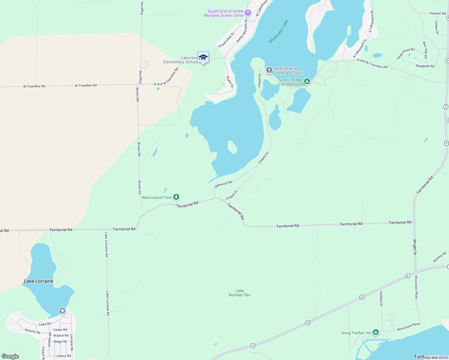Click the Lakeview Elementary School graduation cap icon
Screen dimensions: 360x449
point(203,57)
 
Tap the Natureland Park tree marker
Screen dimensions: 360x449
point(176,197)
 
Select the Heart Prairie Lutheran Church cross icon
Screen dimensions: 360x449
point(269,70)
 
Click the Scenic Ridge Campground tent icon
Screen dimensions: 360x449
point(307,82)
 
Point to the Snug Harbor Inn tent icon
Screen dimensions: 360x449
point(375,332)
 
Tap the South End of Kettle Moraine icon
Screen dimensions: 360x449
point(248,13)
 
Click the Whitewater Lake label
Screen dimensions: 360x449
point(278,31)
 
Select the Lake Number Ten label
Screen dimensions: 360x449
point(240,293)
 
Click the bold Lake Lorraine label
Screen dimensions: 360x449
point(39,281)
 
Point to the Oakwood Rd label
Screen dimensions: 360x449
point(223,184)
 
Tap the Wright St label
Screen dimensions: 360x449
point(415,247)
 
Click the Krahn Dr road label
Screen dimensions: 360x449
point(230,82)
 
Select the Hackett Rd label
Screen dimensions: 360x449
point(438,13)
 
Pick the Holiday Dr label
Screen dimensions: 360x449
point(381,299)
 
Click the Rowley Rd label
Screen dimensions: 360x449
point(440,257)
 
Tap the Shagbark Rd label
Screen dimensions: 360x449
point(425,66)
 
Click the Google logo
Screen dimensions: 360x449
point(10,356)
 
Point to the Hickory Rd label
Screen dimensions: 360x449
point(32,331)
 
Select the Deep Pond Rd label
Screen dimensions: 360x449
point(405,53)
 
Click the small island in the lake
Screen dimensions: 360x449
point(232,147)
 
